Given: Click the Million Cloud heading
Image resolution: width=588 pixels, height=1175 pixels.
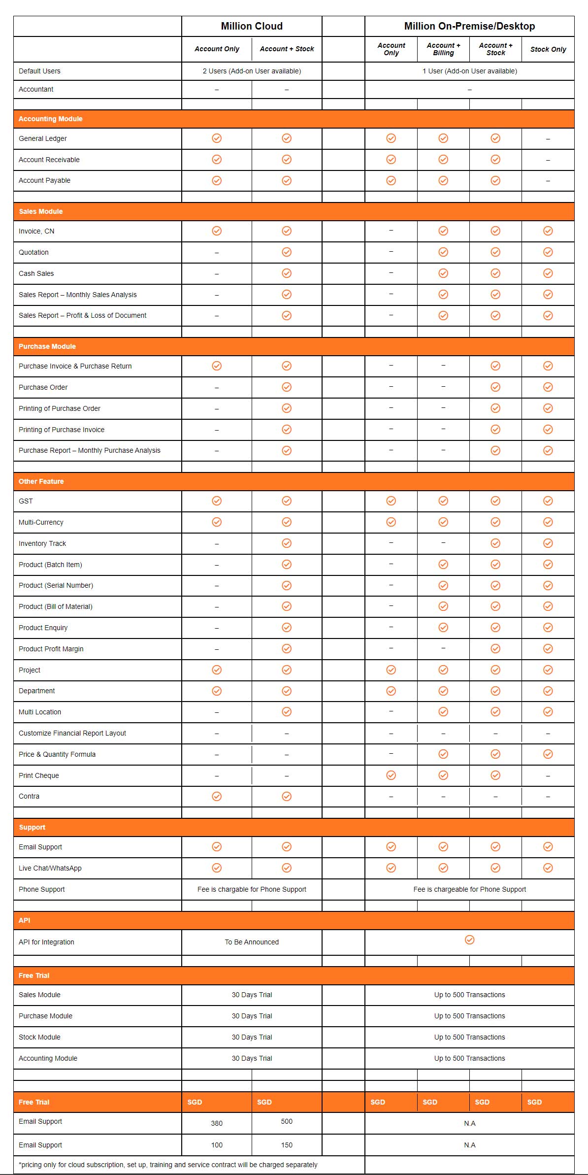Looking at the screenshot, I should (252, 26).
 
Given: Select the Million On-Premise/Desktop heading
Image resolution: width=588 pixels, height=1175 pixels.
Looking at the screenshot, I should (469, 26).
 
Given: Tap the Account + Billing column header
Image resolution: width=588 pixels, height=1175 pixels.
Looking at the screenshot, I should (443, 49).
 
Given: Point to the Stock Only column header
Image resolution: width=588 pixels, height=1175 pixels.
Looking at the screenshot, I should (548, 49).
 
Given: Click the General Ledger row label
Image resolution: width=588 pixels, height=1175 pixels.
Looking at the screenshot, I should (43, 138).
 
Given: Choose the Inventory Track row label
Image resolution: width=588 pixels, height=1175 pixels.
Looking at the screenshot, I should (42, 543).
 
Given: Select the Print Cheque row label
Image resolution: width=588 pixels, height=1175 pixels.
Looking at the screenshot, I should (39, 775).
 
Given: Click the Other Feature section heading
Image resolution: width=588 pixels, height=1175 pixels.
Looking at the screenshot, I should (41, 481).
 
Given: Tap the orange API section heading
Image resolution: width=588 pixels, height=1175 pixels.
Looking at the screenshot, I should (25, 920).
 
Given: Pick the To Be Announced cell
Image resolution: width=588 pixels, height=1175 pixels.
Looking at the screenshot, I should (252, 942).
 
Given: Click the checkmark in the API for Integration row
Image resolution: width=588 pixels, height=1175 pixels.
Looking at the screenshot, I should (470, 940).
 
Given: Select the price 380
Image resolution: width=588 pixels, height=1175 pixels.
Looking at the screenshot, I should (217, 1123).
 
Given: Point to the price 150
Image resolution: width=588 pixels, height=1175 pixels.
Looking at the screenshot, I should (287, 1145).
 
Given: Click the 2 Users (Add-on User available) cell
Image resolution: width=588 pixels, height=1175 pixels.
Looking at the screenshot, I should (252, 71).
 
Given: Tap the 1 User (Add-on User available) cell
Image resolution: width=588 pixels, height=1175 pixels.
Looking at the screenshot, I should (469, 71).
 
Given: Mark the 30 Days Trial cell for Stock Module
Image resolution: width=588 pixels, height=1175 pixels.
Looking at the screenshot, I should (252, 1037).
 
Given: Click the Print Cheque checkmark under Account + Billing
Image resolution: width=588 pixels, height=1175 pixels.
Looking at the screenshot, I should (443, 775).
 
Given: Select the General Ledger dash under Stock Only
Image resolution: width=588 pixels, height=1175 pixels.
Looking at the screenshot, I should (548, 139).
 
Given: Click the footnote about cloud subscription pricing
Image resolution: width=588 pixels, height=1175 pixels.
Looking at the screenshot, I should (168, 1165).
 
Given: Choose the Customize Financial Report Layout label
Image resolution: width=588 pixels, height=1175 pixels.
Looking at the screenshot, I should (72, 733).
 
